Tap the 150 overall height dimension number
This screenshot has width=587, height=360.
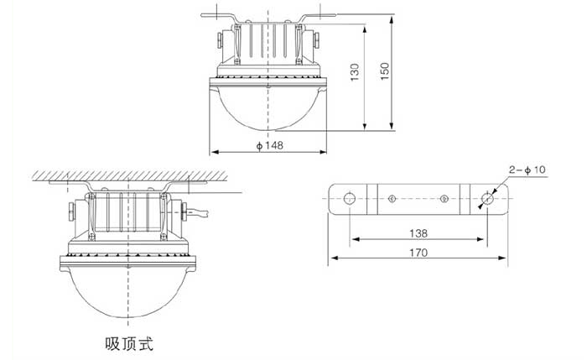385,73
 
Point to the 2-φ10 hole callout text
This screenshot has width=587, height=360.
527,170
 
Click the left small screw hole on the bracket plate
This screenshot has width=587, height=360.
392,199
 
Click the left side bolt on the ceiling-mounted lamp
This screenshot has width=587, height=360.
70,209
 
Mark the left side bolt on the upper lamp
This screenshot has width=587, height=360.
217,39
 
